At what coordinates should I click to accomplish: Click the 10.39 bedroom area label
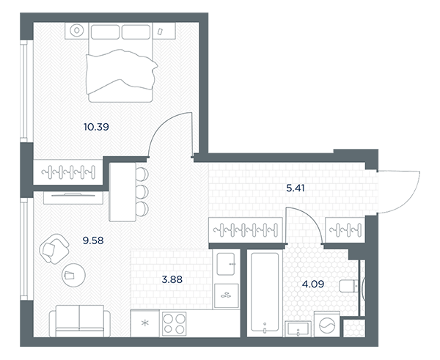(96, 127)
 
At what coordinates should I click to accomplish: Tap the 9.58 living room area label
(93, 240)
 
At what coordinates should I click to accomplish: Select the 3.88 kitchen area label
(172, 279)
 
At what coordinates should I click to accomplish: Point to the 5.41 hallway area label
(296, 188)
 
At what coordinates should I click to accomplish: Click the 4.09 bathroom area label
(313, 284)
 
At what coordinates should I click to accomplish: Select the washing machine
(327, 324)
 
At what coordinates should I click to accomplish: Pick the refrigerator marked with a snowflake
(144, 323)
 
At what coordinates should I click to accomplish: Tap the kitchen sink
(226, 264)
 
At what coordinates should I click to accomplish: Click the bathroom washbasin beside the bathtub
(298, 329)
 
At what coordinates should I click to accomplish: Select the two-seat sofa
(80, 321)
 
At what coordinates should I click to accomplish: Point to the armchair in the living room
(54, 249)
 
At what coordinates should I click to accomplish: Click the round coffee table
(73, 275)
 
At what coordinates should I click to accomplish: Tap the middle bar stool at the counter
(142, 191)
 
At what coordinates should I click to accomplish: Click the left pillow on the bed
(105, 32)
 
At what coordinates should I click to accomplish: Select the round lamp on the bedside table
(76, 30)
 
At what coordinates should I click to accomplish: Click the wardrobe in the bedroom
(68, 172)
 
